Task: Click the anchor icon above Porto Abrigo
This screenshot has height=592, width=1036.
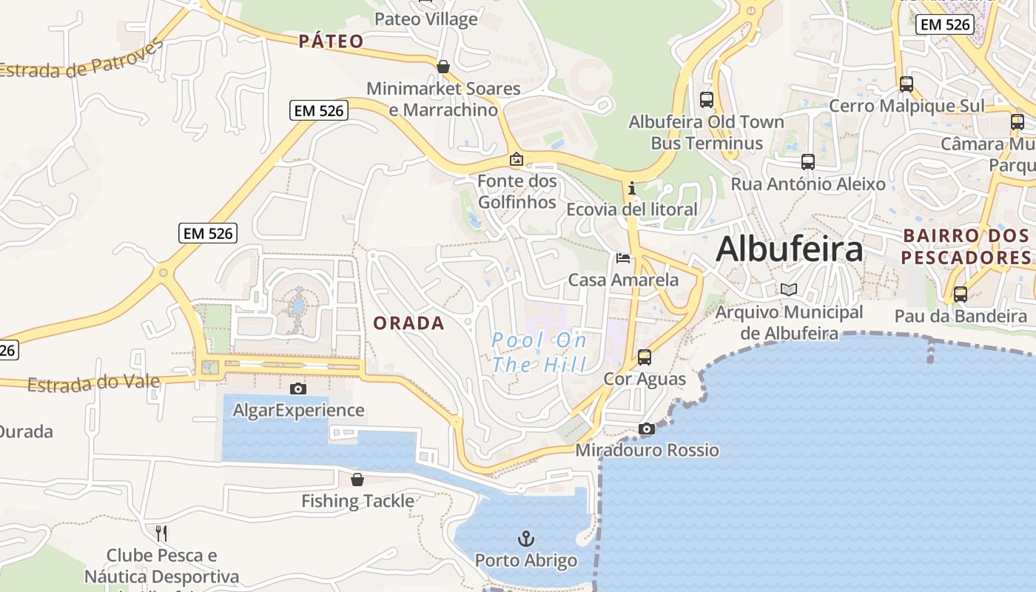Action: point(526,538)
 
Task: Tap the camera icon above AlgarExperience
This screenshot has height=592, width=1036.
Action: point(297,388)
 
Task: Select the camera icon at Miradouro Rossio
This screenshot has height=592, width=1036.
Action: point(646,428)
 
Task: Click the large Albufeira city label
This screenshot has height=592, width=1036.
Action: point(789,249)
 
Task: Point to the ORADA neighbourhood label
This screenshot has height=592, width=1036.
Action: point(408,323)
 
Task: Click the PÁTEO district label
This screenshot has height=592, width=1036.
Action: point(332,41)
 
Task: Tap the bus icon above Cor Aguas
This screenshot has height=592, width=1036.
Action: point(645,357)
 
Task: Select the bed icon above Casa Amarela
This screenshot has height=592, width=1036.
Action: point(623,258)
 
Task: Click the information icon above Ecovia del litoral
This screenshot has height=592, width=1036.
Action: point(632,188)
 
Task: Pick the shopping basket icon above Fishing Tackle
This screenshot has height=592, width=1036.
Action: point(357,480)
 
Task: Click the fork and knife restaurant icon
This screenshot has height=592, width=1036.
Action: point(161,533)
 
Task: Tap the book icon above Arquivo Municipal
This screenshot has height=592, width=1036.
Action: point(788,290)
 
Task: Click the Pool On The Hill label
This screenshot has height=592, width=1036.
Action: point(539,352)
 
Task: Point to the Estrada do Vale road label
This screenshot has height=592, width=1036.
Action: point(94,383)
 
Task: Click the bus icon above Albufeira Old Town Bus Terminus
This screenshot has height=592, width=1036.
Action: point(706,99)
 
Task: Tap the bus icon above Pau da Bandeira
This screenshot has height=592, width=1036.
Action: point(960,295)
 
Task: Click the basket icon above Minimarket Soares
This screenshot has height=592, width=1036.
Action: point(443,67)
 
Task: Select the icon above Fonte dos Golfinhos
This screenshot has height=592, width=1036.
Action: point(517,159)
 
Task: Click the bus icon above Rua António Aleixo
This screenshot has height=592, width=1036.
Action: point(807,161)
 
